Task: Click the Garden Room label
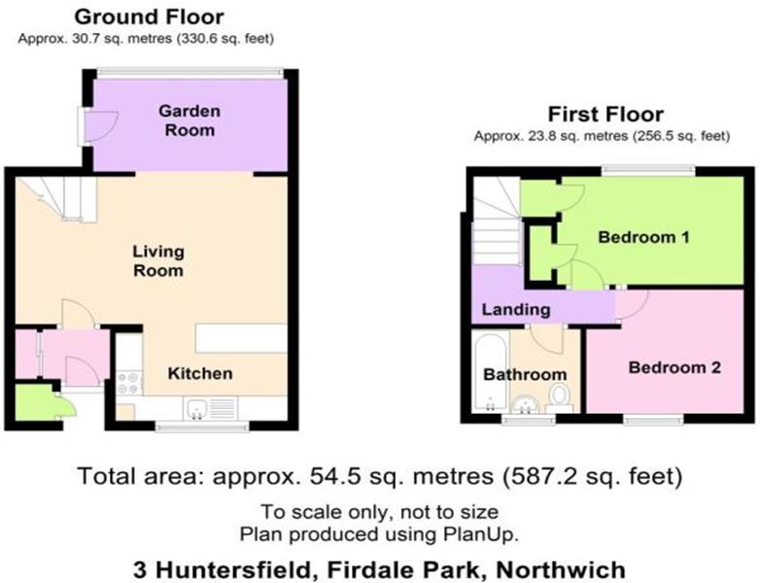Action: pos(190,120)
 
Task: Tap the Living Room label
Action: pos(158,261)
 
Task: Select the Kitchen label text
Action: pos(200,374)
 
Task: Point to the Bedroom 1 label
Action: pos(643,237)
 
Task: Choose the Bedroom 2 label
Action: pos(674,368)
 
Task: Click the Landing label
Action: pos(516,310)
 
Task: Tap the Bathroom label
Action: pos(525,375)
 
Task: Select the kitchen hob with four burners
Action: pos(129,383)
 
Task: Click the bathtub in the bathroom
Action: pos(490,372)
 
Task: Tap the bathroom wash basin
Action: pos(525,404)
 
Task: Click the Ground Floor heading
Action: pos(149,17)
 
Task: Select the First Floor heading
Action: pos(605,115)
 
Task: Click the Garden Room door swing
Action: pos(101,127)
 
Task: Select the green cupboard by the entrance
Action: pos(36,402)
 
